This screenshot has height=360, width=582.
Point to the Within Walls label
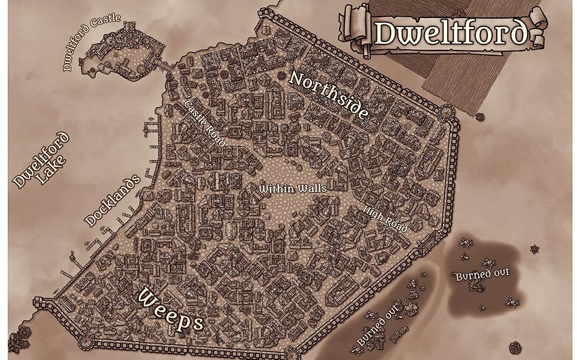click(293, 188)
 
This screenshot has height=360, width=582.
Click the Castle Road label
click(205, 124)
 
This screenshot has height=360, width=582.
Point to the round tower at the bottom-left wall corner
click(87, 341)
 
